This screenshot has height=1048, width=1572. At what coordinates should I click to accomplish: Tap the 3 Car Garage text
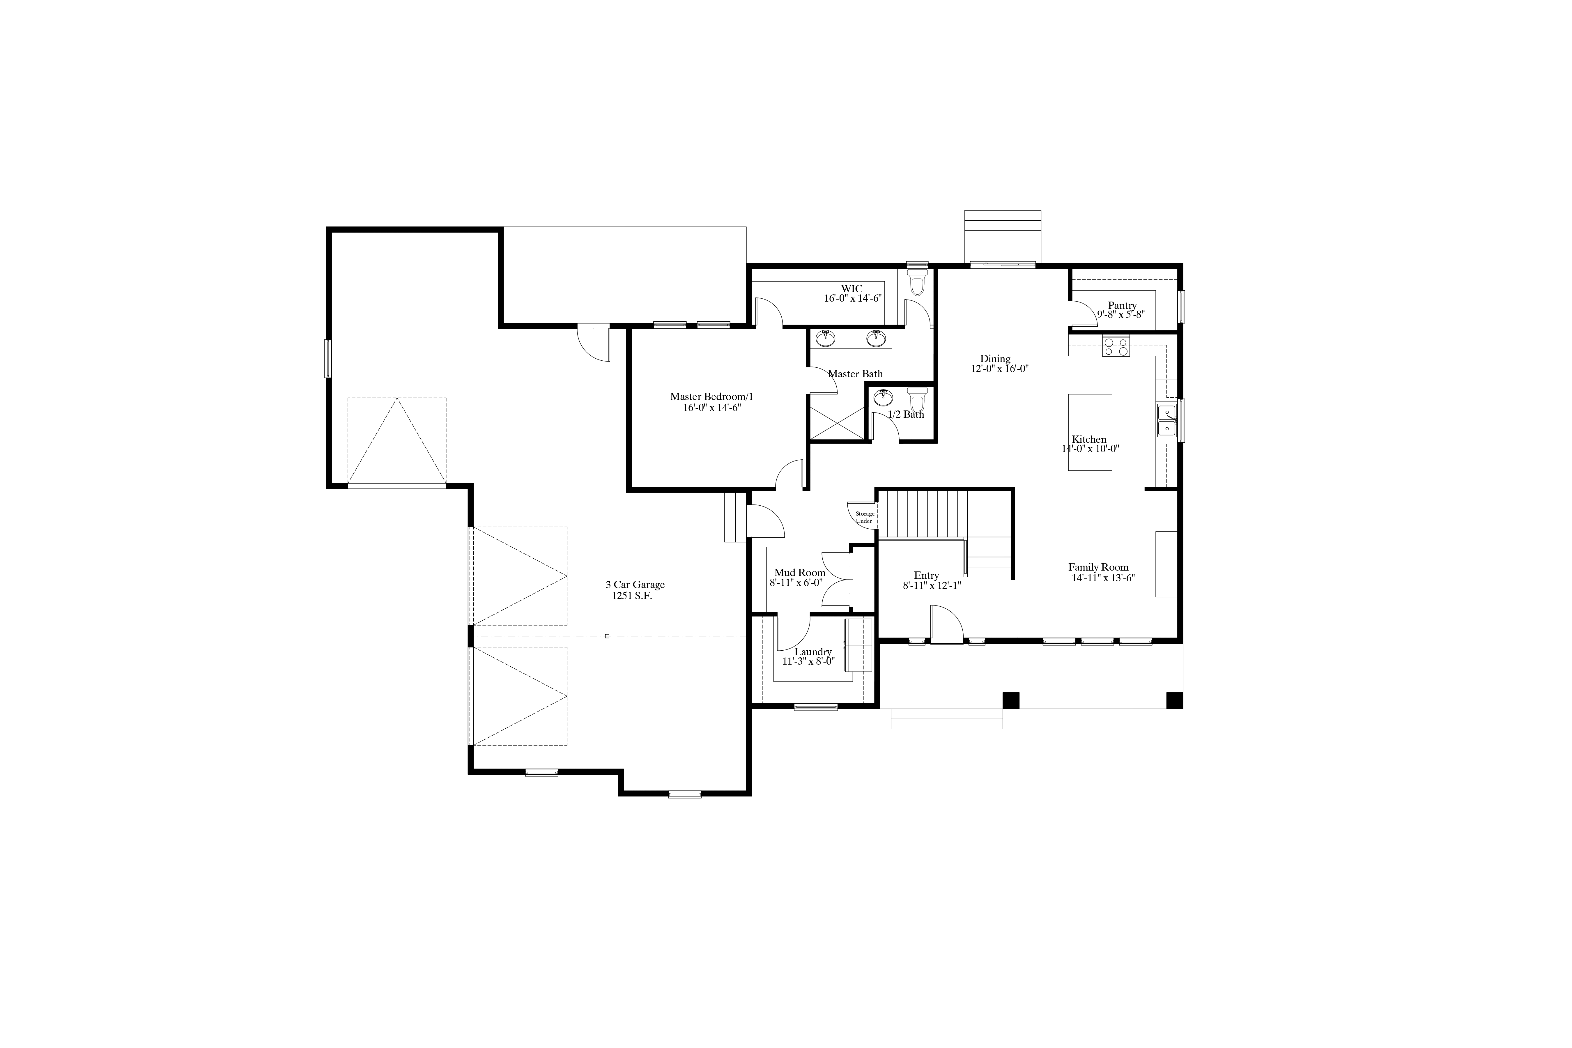click(x=635, y=585)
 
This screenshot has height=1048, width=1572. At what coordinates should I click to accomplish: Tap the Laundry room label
click(x=813, y=652)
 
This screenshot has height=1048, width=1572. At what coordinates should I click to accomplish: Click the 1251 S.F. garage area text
click(x=632, y=596)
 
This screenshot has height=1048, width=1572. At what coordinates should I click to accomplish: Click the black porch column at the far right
click(x=1174, y=700)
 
